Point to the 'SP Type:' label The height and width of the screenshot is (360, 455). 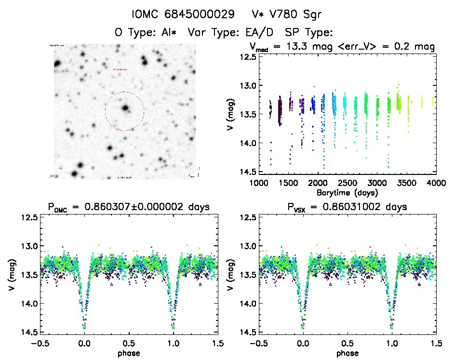pos(308,33)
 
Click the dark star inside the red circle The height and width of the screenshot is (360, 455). pos(125,108)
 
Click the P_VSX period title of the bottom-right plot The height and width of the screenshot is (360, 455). pos(347,207)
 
